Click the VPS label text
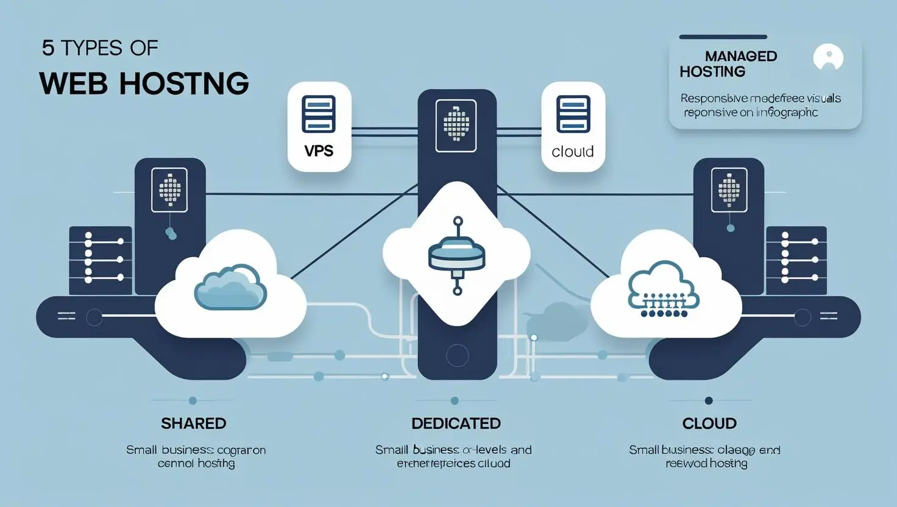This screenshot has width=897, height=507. [319, 150]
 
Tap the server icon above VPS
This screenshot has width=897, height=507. [319, 114]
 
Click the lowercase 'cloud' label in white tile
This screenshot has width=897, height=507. [572, 151]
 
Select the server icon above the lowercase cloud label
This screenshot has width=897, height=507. [573, 114]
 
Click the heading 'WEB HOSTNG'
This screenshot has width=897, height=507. [144, 83]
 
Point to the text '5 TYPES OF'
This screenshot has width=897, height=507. [100, 48]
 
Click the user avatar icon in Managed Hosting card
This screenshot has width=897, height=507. [828, 58]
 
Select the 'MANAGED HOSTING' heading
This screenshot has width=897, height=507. [728, 64]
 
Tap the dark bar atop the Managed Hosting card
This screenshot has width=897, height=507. [723, 37]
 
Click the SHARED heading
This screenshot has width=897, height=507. [193, 423]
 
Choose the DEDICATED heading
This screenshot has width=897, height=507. [456, 423]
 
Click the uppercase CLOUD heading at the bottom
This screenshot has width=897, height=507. [709, 423]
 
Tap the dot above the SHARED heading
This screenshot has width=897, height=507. [193, 400]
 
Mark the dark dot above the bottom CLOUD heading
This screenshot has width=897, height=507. [708, 400]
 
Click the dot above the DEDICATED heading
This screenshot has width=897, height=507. [455, 400]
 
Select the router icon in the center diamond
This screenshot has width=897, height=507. [457, 255]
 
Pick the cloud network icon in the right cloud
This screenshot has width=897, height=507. [663, 289]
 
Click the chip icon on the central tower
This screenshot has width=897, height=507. [456, 125]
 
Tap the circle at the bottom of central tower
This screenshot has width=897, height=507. [457, 355]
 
